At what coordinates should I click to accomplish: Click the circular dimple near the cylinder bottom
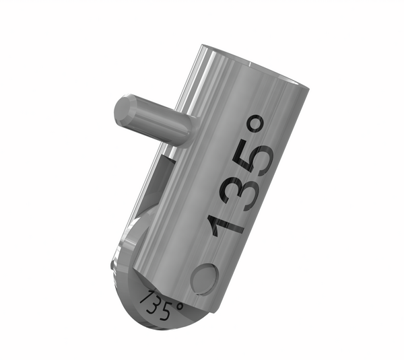[204, 278]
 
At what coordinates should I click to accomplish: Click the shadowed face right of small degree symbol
[199, 311]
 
